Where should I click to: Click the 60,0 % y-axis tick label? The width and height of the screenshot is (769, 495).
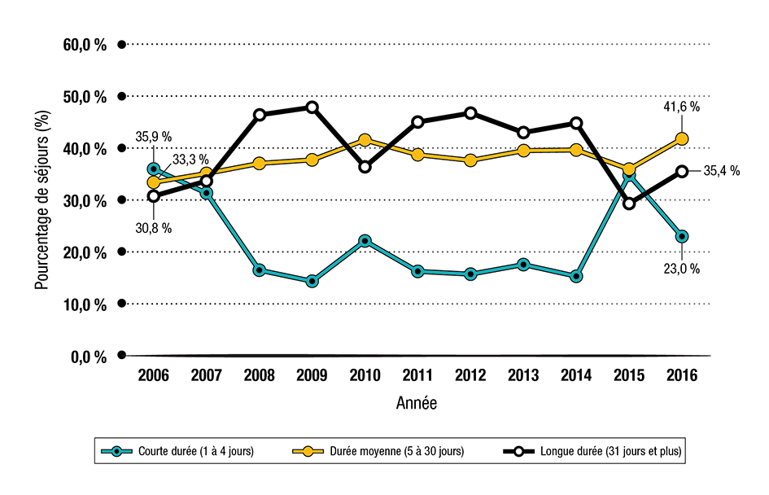click(x=85, y=45)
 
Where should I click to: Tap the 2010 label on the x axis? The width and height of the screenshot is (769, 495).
click(x=365, y=377)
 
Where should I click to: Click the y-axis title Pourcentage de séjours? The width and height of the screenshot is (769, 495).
click(x=42, y=200)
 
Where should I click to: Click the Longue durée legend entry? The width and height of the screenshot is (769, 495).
click(x=592, y=450)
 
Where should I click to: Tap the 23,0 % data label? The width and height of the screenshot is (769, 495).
click(x=680, y=269)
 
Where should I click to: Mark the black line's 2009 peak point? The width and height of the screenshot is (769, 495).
click(x=312, y=107)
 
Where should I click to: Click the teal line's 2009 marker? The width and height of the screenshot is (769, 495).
click(x=312, y=282)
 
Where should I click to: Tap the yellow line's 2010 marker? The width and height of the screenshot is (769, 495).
click(x=365, y=140)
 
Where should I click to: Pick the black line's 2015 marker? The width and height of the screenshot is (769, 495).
click(x=629, y=204)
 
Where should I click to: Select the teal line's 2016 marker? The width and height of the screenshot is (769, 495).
click(x=682, y=236)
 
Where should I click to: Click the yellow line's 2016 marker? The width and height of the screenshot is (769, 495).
click(x=682, y=139)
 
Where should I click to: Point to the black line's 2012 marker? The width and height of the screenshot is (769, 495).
click(x=470, y=113)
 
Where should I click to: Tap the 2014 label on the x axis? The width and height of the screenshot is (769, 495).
click(x=576, y=377)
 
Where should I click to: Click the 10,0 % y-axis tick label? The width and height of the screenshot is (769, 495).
click(x=85, y=304)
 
